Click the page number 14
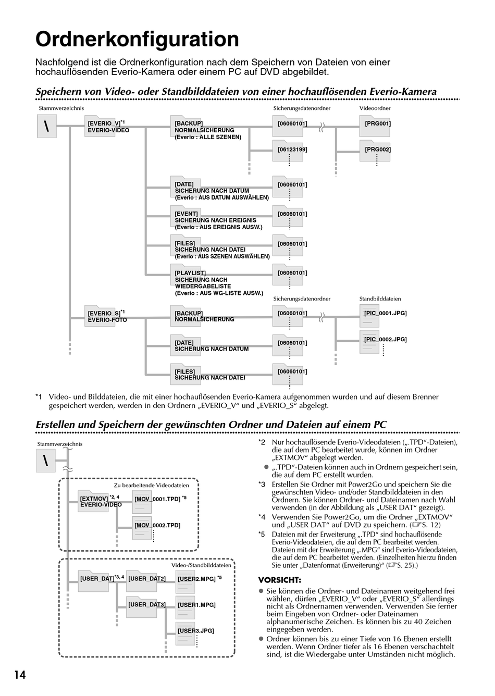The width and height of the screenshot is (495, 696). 19,675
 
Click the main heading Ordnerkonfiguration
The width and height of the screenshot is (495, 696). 137,39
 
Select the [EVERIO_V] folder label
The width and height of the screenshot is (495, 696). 104,123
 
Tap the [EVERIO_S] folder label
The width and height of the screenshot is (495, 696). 104,313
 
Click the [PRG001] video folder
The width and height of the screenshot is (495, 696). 377,123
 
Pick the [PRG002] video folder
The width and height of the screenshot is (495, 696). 377,150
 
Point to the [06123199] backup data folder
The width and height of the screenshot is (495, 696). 292,150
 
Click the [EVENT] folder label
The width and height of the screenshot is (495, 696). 186,214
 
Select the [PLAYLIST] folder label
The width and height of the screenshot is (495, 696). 190,272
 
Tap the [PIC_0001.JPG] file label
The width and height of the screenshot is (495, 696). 385,313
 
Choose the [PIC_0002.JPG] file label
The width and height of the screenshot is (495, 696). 385,339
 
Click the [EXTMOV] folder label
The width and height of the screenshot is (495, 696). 94,499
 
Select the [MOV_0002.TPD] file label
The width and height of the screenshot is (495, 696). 157,525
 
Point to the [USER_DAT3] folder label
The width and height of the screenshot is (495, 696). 146,604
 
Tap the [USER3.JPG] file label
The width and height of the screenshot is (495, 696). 195,630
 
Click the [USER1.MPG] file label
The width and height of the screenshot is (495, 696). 196,604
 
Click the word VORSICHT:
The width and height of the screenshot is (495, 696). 280,580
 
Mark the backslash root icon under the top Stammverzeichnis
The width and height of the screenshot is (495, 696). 47,127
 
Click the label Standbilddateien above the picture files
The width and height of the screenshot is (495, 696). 380,299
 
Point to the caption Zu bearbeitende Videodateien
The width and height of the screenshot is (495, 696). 152,485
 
